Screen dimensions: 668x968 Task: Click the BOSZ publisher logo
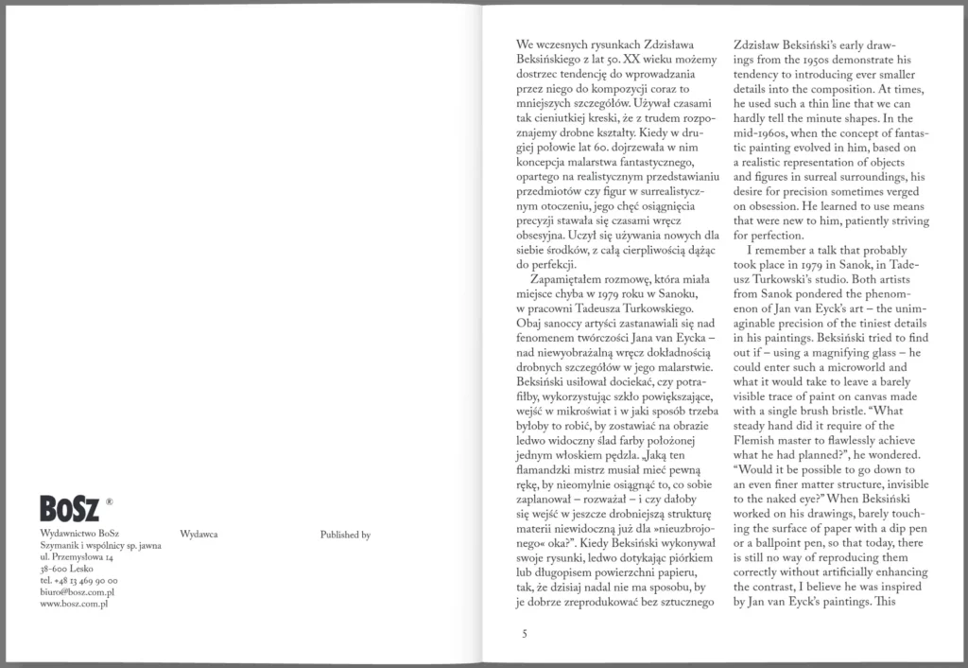pyautogui.click(x=70, y=509)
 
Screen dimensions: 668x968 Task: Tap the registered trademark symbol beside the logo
pyautogui.click(x=110, y=503)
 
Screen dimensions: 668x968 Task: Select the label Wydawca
pyautogui.click(x=199, y=535)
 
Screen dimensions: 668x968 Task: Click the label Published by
pyautogui.click(x=345, y=535)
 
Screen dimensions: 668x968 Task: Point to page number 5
pyautogui.click(x=524, y=633)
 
